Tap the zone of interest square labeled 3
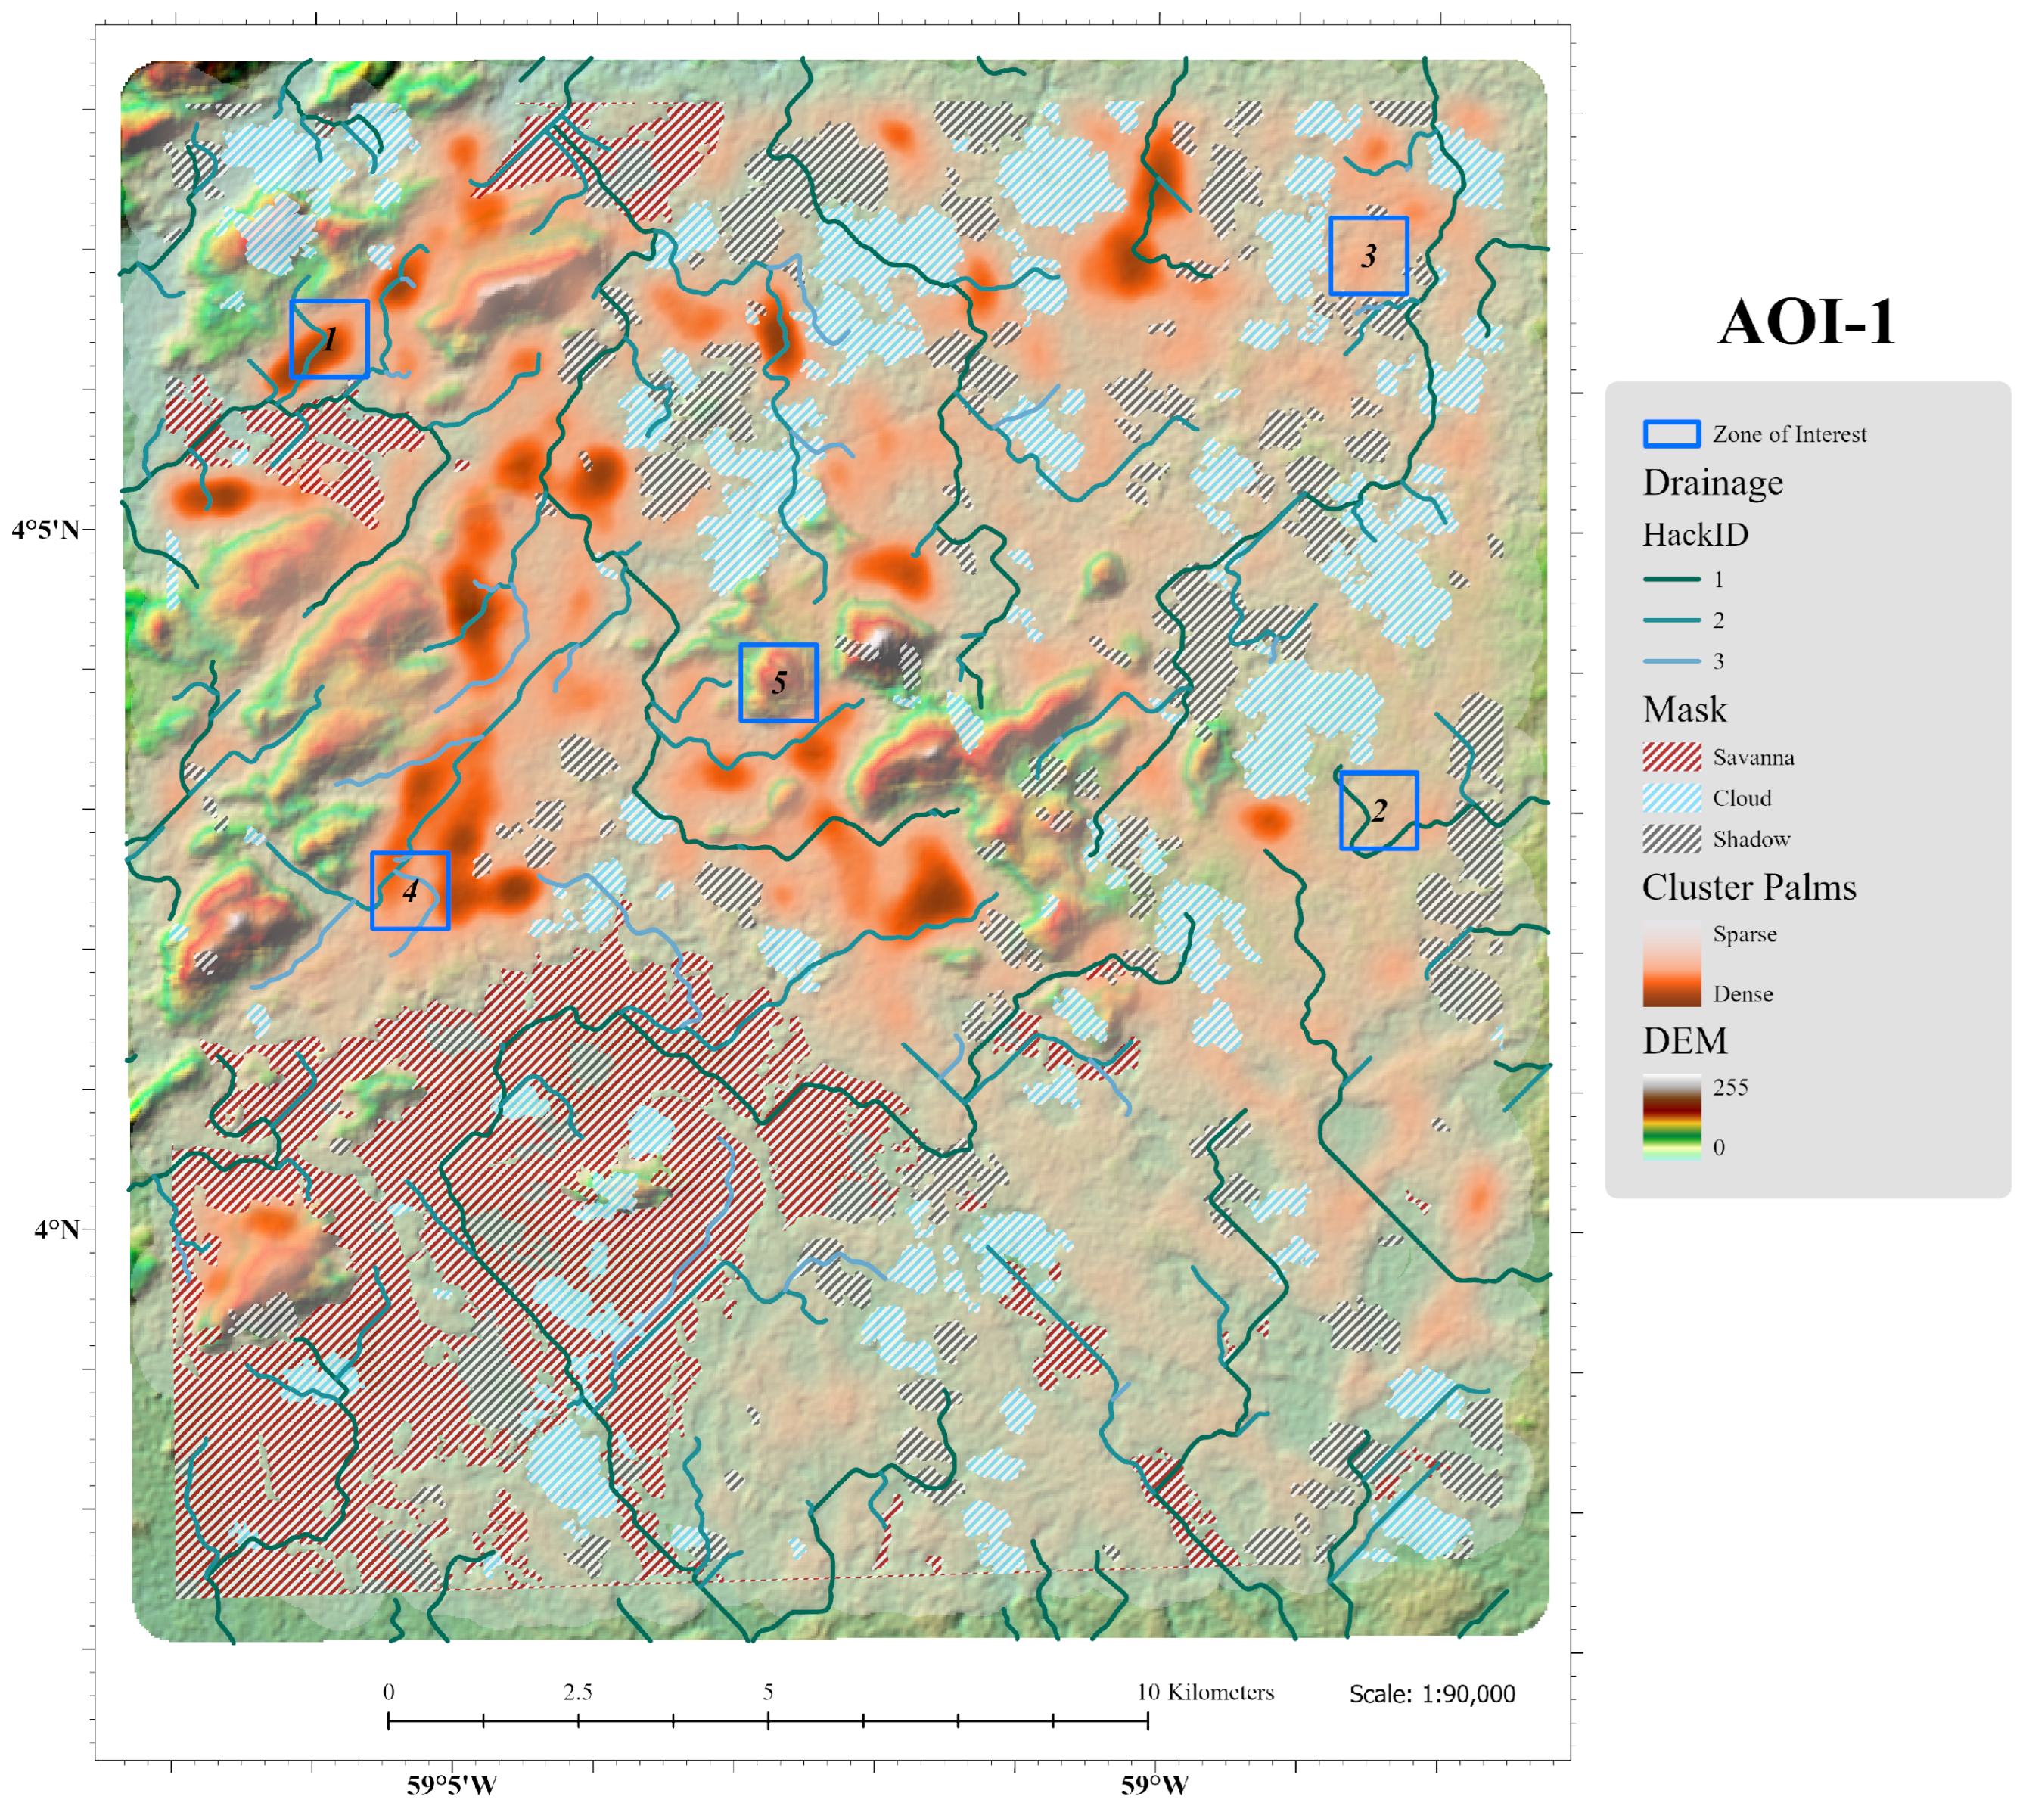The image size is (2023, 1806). (x=1368, y=256)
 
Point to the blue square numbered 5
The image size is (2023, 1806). (x=778, y=682)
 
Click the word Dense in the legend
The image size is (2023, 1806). (x=1742, y=994)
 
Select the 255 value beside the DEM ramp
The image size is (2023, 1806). (x=1729, y=1087)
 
